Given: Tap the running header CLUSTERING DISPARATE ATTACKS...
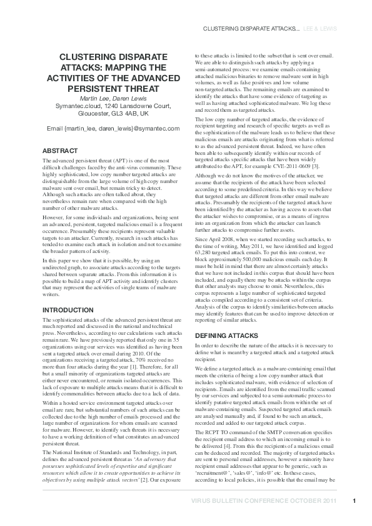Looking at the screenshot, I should tap(248, 29).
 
